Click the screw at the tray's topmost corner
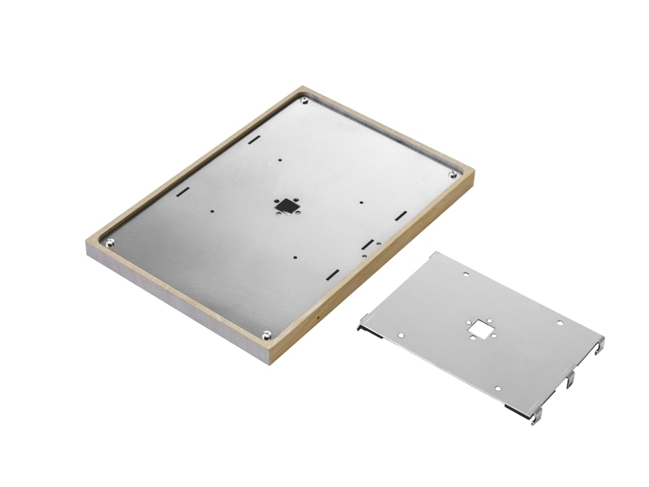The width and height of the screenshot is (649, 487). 303,101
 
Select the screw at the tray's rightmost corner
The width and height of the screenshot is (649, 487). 452,175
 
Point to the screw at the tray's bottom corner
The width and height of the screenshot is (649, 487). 266,334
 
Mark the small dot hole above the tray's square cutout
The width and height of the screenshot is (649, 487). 280,160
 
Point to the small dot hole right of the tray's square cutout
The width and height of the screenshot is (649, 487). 360,203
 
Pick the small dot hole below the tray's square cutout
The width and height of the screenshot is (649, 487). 294,257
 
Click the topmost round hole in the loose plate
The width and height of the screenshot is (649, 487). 466,276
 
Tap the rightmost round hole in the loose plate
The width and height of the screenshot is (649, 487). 560,324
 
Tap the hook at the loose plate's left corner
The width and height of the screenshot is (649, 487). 361,327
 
